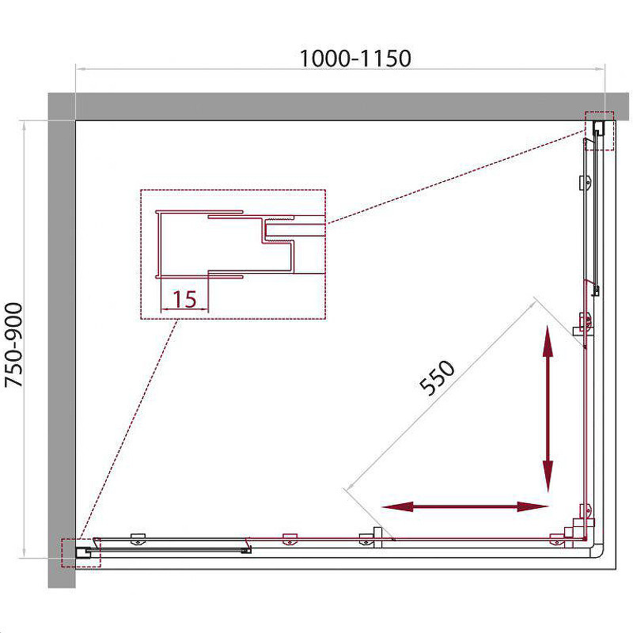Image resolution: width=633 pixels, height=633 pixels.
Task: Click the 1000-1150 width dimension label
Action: pyautogui.click(x=355, y=59)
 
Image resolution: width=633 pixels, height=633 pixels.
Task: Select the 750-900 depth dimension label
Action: pyautogui.click(x=14, y=345)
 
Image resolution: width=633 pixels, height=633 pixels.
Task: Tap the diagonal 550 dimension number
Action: pyautogui.click(x=437, y=377)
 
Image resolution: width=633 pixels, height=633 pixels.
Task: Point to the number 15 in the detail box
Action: pyautogui.click(x=184, y=299)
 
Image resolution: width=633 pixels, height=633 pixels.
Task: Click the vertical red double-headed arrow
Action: pyautogui.click(x=548, y=408)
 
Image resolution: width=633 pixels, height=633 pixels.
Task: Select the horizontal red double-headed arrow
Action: pyautogui.click(x=464, y=506)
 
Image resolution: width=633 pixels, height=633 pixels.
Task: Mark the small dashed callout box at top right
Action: pyautogui.click(x=600, y=131)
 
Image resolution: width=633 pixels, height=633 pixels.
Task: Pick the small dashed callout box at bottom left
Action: pyautogui.click(x=81, y=552)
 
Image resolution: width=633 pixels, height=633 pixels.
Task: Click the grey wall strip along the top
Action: pyautogui.click(x=339, y=107)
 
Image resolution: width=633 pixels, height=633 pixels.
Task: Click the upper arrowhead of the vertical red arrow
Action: pyautogui.click(x=548, y=341)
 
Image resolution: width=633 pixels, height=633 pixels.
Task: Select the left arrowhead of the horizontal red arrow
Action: pyautogui.click(x=397, y=506)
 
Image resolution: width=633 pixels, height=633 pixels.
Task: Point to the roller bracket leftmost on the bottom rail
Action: pyautogui.click(x=138, y=539)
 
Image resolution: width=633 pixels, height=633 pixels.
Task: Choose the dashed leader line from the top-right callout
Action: pyautogui.click(x=456, y=176)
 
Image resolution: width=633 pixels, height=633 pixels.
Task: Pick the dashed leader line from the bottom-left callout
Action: pyautogui.click(x=129, y=429)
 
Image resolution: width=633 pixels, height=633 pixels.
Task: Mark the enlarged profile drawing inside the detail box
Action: pyautogui.click(x=241, y=244)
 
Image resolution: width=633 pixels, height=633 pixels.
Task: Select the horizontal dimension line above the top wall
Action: pyautogui.click(x=340, y=69)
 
